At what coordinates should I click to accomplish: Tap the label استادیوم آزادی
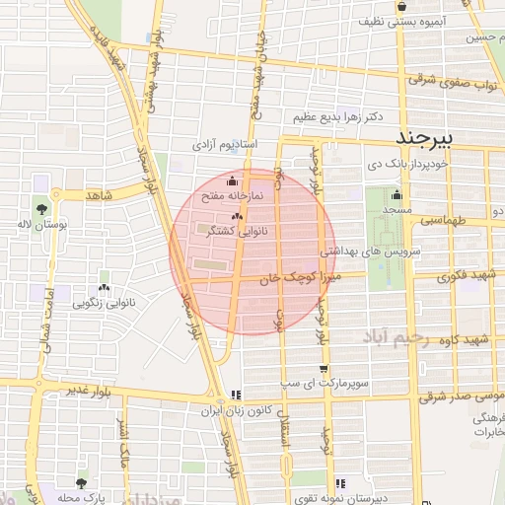[224, 145]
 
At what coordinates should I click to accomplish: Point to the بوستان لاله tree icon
[40, 209]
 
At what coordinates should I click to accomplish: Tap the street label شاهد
[100, 195]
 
